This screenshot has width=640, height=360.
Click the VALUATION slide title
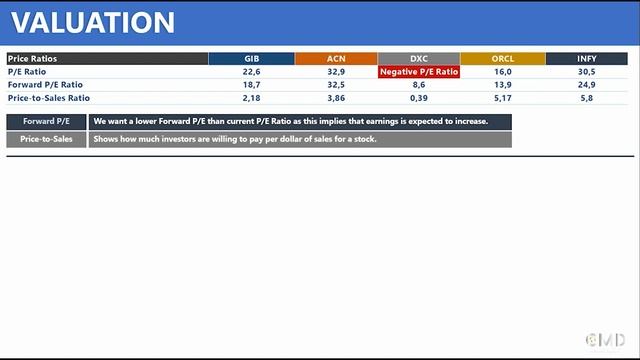coord(93,22)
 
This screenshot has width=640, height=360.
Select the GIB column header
coord(251,58)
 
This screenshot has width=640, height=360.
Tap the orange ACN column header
coord(336,58)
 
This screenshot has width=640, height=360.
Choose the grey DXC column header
coord(419,58)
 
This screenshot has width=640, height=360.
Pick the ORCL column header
coord(503,58)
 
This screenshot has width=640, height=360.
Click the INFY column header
coord(586,58)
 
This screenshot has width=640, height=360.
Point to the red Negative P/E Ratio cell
coord(419,72)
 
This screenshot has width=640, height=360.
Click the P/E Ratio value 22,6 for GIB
coord(251,72)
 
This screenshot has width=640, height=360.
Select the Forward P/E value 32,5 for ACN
coord(336,85)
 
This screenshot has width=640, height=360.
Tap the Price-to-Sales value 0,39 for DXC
coord(419,98)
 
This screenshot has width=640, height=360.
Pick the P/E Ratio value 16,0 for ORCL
coord(503,72)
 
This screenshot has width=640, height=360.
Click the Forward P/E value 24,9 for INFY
coord(586,85)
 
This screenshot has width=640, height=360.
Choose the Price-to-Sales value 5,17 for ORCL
coord(503,98)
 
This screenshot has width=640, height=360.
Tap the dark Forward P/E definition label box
coord(46,121)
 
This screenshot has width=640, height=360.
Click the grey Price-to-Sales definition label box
coord(46,140)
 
